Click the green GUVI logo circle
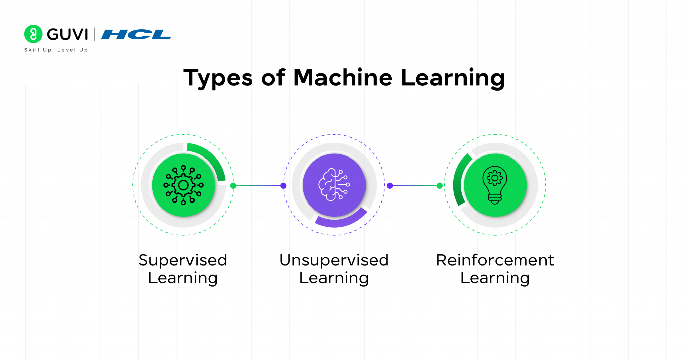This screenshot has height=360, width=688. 33,34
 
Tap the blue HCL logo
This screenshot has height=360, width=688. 136,34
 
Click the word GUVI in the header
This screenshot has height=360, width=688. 68,34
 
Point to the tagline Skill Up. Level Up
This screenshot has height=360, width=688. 56,50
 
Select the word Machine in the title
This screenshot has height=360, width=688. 343,78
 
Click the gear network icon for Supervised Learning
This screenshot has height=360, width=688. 183,185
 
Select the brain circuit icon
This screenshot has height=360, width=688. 334,185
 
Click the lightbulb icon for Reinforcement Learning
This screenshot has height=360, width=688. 495,185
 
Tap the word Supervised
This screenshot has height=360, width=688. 183,260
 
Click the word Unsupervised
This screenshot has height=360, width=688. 334,260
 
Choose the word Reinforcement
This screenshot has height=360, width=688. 495,260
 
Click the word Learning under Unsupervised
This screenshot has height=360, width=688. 334,278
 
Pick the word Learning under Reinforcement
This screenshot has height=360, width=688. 495,278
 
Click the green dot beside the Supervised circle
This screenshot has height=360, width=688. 233,186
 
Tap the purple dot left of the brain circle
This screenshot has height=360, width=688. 283,186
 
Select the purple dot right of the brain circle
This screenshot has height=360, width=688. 390,186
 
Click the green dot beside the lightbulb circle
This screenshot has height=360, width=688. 439,186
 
